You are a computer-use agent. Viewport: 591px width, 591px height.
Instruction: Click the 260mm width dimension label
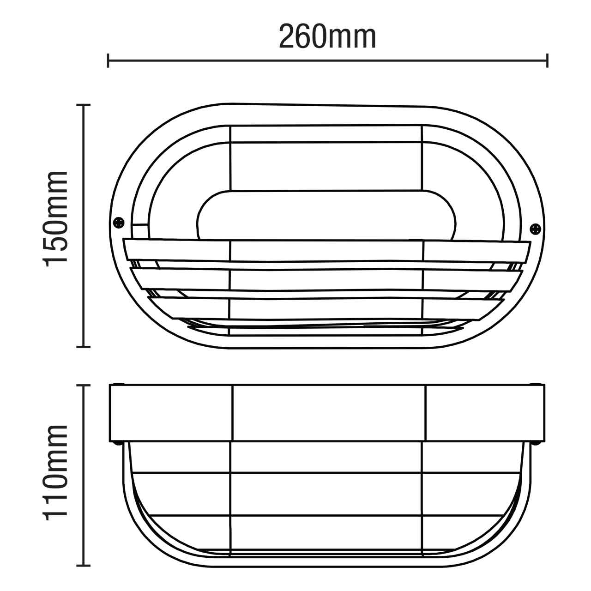327,37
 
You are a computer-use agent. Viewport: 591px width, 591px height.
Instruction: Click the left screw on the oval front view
119,222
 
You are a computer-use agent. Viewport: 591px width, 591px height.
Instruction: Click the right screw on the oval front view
535,228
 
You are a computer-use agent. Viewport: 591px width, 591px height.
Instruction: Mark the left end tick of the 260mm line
108,60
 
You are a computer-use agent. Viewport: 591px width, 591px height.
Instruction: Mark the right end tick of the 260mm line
547,60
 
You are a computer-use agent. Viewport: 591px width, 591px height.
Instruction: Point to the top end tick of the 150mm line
83,105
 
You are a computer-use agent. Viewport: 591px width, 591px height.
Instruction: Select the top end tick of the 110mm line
83,385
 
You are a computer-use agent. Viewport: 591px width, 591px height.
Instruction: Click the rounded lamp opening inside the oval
326,215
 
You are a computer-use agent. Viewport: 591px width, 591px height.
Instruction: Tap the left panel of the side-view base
171,413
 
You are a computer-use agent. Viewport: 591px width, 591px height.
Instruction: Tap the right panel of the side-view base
485,413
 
